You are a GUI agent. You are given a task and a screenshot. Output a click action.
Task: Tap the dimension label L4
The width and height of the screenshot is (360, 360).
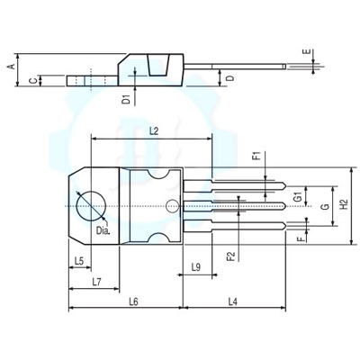(232, 301)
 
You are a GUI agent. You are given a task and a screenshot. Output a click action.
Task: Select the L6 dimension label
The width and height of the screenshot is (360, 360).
(131, 301)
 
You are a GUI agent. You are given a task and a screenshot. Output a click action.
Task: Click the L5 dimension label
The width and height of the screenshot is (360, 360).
(78, 261)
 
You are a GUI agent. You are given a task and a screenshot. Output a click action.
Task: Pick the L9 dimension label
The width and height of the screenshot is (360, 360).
(195, 268)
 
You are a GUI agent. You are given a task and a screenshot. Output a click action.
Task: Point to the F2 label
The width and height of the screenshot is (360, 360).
(231, 256)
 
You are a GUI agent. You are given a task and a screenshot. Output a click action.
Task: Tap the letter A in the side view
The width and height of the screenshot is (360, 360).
(11, 67)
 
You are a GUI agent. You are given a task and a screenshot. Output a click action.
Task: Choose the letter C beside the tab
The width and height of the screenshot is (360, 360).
(33, 81)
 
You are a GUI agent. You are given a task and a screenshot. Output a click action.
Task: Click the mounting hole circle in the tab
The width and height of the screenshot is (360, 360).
(89, 205)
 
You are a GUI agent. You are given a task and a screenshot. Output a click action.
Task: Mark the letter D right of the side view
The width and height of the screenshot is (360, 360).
(229, 79)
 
